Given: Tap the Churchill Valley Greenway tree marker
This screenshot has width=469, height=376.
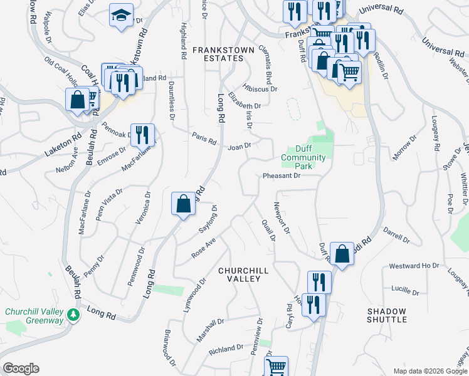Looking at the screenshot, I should (75, 315).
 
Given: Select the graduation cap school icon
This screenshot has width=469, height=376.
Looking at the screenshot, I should (121, 15).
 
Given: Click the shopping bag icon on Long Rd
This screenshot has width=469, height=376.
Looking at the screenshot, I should (183, 204).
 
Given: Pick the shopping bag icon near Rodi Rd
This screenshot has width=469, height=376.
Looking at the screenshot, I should (342, 254).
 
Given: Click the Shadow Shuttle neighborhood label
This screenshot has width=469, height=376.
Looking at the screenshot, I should (387, 315).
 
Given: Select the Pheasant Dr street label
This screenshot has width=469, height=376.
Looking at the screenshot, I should (282, 176).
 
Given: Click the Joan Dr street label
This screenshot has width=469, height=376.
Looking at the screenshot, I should (240, 147).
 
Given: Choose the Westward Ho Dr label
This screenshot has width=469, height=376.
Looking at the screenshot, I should (414, 266).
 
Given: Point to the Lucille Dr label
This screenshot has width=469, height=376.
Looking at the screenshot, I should (404, 291).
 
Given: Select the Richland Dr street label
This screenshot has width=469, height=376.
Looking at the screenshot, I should (226, 348).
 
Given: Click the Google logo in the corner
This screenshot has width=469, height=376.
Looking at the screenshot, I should (21, 368).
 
